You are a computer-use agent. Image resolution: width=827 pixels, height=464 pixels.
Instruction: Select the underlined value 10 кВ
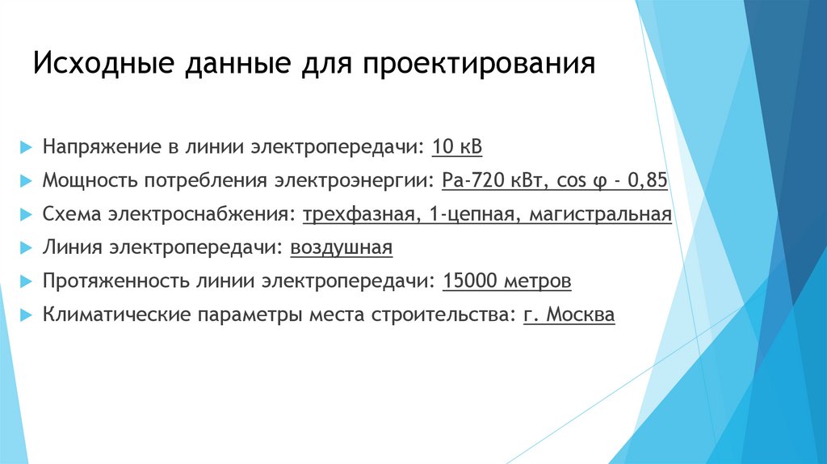457,147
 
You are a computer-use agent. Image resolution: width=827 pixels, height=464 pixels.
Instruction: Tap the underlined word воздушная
341,248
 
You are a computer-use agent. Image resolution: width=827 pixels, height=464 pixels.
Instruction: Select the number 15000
468,281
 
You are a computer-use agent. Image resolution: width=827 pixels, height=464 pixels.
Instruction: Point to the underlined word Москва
580,315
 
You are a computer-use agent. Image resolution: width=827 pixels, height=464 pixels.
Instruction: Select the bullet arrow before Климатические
26,315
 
